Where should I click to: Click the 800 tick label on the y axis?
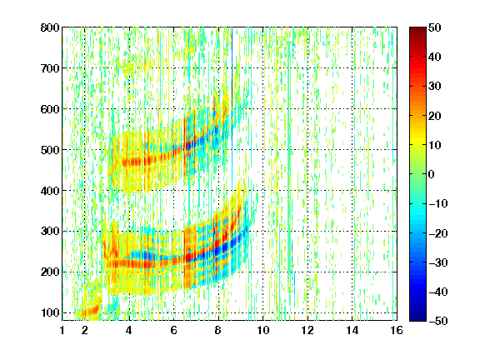pyautogui.click(x=50, y=27)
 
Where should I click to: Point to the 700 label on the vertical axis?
pyautogui.click(x=50, y=68)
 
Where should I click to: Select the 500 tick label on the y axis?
pyautogui.click(x=50, y=150)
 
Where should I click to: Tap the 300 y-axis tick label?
pyautogui.click(x=50, y=232)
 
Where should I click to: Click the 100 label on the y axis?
pyautogui.click(x=50, y=312)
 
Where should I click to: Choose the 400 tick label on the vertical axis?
pyautogui.click(x=50, y=191)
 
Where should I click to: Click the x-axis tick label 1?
pyautogui.click(x=62, y=330)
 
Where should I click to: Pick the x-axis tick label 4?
pyautogui.click(x=129, y=330)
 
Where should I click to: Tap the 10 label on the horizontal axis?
pyautogui.click(x=263, y=330)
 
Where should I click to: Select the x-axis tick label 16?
pyautogui.click(x=397, y=330)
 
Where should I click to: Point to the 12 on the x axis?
pyautogui.click(x=307, y=330)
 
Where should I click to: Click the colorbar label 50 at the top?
pyautogui.click(x=434, y=27)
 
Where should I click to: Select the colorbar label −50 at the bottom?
pyautogui.click(x=437, y=321)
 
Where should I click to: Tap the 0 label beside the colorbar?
pyautogui.click(x=432, y=174)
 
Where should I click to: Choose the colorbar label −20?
pyautogui.click(x=437, y=233)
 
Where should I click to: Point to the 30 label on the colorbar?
pyautogui.click(x=434, y=87)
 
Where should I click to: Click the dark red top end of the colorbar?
pyautogui.click(x=417, y=30)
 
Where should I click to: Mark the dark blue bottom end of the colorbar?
pyautogui.click(x=417, y=318)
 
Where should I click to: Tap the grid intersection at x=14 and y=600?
pyautogui.click(x=352, y=109)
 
